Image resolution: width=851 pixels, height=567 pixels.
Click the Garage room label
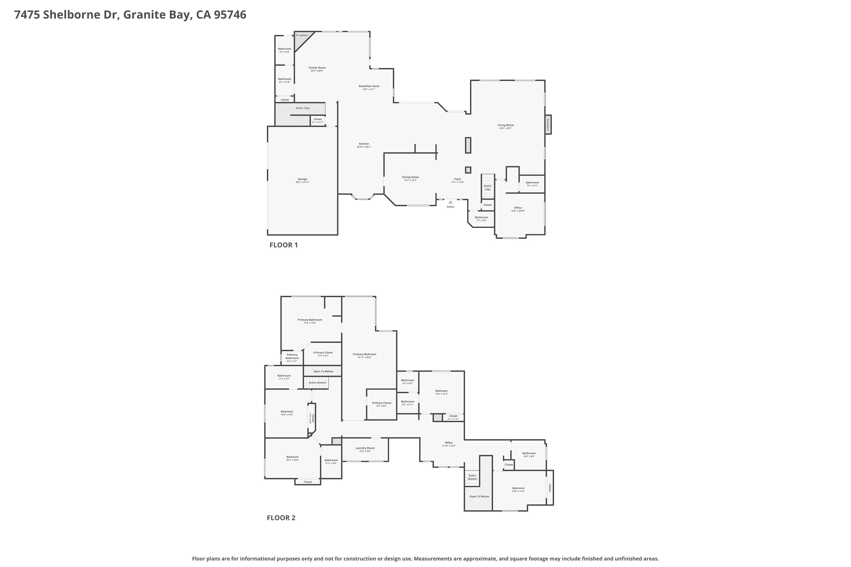point(302,179)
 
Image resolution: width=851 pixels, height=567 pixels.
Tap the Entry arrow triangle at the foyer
point(450,202)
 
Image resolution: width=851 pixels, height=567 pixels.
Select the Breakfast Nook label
point(369,86)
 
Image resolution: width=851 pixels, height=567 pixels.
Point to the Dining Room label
point(410,177)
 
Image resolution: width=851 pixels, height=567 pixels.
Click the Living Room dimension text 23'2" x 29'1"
point(505,128)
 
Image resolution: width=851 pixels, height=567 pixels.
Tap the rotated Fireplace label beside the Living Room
point(548,124)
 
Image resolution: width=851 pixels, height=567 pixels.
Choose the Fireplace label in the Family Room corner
point(302,35)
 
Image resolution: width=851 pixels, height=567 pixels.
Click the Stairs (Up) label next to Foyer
point(487,187)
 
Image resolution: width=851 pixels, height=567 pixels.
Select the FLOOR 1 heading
point(283,245)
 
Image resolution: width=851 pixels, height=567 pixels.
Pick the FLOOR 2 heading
point(281,517)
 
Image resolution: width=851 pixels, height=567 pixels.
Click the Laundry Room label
point(365,448)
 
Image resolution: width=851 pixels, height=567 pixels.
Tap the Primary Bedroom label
point(364,354)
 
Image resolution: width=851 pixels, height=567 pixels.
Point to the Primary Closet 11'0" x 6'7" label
point(323,353)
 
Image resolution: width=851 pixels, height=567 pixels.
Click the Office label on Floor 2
point(449,443)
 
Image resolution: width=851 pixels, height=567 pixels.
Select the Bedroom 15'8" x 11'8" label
point(518,488)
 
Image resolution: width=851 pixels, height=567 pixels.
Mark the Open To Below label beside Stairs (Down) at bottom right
point(479,496)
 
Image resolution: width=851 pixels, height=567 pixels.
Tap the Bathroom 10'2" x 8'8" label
point(529,453)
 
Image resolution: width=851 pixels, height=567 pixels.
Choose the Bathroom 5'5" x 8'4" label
point(285,49)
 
